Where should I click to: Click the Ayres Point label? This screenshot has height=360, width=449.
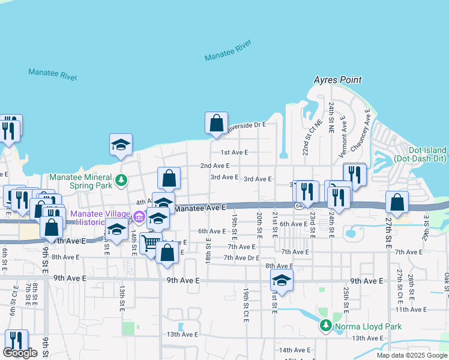pos(337,80)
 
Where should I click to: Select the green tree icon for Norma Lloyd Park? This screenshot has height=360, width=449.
pos(325,326)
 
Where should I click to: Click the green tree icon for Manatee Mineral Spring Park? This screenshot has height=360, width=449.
pos(121,179)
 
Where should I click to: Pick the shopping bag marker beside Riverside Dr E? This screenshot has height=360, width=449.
pos(216,123)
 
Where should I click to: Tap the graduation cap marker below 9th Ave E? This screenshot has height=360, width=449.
pos(282,280)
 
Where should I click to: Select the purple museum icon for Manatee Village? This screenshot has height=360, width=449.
pos(139,216)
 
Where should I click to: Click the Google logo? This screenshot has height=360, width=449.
pos(20,353)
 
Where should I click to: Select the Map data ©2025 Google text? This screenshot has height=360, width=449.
pos(411,355)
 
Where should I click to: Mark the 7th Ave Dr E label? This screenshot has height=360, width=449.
pos(241,258)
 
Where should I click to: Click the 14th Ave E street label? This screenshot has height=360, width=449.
pos(294,350)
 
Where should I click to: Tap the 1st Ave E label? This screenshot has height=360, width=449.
pos(234,152)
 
